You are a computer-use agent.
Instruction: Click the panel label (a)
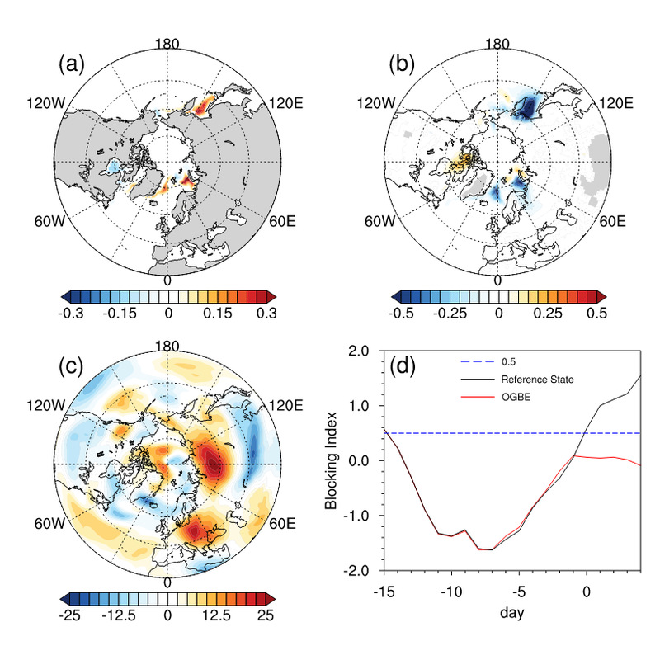click(x=73, y=63)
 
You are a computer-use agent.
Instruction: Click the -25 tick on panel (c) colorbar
click(x=71, y=615)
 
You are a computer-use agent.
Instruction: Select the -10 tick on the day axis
click(x=450, y=592)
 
